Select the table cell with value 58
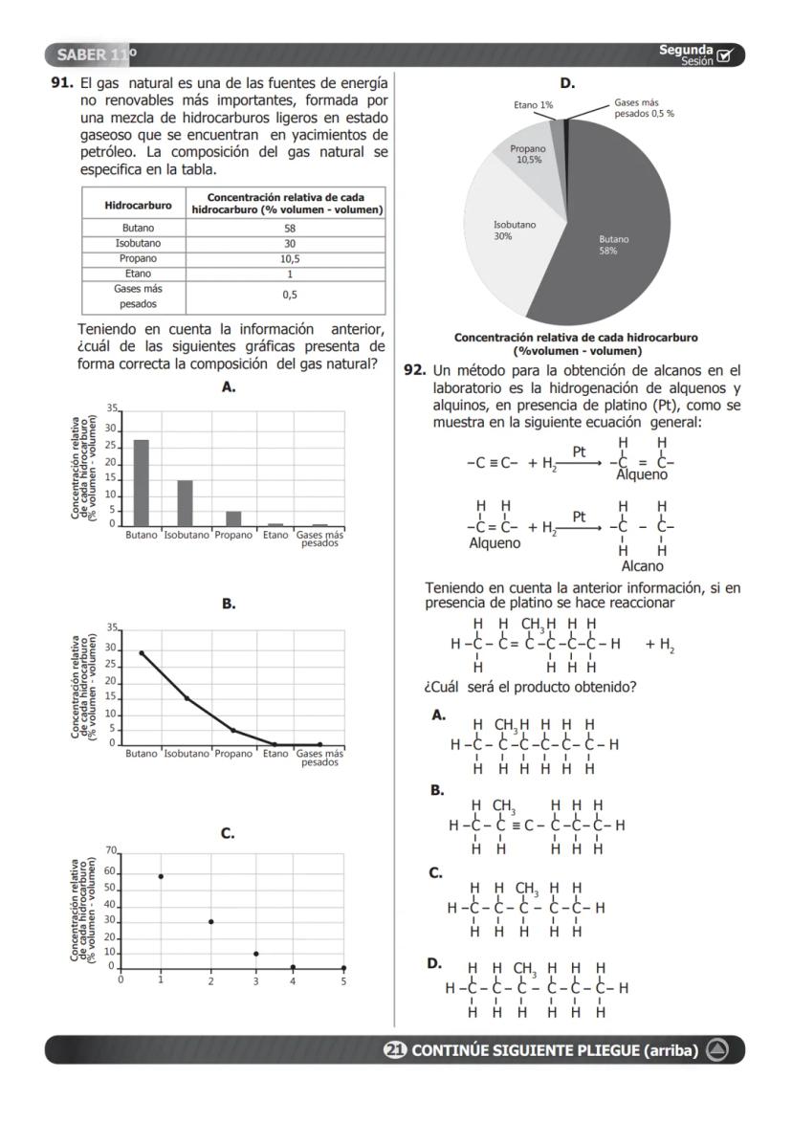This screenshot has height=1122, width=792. [289, 228]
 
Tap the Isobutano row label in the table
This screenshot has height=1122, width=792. [138, 243]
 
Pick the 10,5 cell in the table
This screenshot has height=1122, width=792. [289, 258]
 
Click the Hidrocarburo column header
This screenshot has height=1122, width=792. [138, 205]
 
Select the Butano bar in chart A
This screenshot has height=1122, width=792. [141, 482]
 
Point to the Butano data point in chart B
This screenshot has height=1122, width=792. [142, 653]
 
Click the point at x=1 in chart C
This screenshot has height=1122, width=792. [161, 876]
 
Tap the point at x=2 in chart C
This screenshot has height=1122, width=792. [210, 921]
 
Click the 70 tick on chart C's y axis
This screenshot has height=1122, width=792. [110, 850]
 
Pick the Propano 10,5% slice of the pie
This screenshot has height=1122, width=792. [527, 155]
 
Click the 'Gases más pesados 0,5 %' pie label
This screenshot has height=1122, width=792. [644, 107]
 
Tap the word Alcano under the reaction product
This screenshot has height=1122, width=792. [642, 566]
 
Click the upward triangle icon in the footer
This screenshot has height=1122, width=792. [717, 1049]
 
